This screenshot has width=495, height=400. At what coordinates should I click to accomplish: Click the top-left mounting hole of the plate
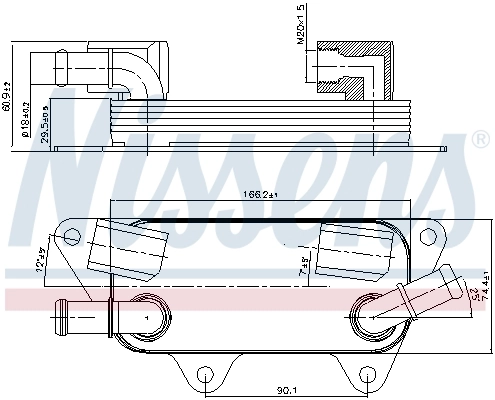tap(71, 237)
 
